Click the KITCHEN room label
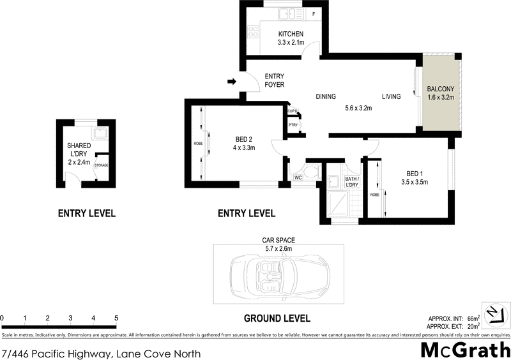(x=290, y=34)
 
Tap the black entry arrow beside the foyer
(x=232, y=81)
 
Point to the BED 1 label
(x=414, y=173)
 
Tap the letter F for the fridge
(x=314, y=13)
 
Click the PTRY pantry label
(x=293, y=125)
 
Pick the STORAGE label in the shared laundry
(x=102, y=165)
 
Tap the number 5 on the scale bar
(x=116, y=317)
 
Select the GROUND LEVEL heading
(x=277, y=318)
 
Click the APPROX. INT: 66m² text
(x=454, y=318)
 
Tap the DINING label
(x=326, y=97)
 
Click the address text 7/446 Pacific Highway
(x=102, y=353)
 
